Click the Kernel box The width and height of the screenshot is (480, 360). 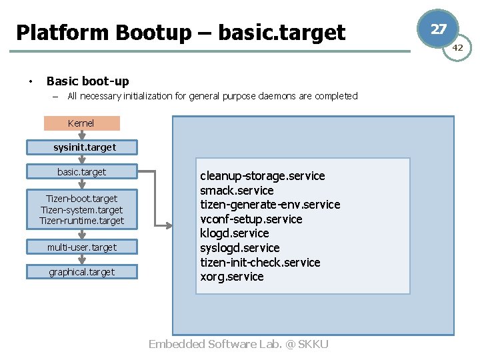(81, 123)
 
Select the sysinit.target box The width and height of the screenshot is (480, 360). (82, 147)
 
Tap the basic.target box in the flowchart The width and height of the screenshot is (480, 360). (82, 172)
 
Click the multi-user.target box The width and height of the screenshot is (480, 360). (82, 247)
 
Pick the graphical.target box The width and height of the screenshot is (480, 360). (82, 272)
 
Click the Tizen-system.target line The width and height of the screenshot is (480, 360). (82, 210)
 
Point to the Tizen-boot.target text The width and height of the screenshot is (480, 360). (82, 199)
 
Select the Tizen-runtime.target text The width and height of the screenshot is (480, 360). (82, 221)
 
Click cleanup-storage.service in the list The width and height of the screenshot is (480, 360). (263, 176)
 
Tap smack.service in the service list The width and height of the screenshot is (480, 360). (237, 191)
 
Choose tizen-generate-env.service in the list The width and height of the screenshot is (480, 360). (270, 205)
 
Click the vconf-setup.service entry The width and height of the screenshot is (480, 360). (251, 219)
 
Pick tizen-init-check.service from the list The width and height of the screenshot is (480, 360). (260, 263)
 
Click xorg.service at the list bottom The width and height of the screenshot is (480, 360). (232, 277)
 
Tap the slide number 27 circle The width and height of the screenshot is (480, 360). (438, 29)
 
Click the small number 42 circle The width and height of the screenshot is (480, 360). (458, 48)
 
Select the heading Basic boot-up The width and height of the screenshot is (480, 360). (87, 81)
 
